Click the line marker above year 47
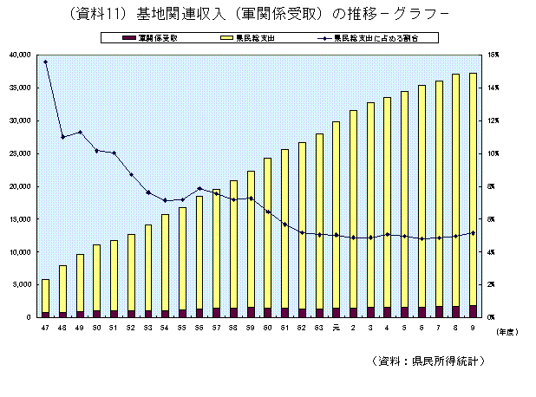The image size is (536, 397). coord(45,62)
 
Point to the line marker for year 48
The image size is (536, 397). coord(62,137)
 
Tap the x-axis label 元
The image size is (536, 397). coord(336,329)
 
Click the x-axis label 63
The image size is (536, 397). coord(318,329)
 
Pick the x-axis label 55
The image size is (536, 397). coord(182,329)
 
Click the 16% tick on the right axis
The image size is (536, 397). coord(492,55)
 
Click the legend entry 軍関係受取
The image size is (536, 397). coord(157,38)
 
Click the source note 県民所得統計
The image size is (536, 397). coord(450,359)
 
